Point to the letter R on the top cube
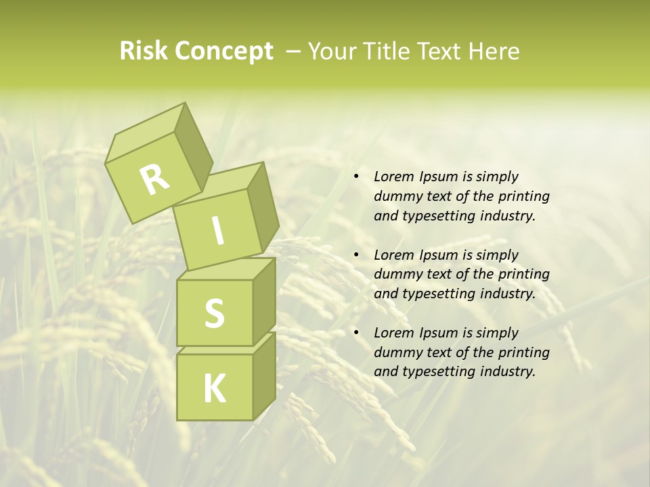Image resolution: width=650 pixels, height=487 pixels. (154, 180)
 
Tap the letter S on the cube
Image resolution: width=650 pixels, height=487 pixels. (214, 313)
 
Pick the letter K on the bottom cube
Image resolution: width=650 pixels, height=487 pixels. (214, 389)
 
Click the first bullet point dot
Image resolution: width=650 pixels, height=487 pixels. (356, 177)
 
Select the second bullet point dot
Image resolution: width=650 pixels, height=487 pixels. (356, 256)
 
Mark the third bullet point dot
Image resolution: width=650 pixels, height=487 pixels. (356, 333)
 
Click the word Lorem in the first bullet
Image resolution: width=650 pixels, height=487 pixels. (393, 177)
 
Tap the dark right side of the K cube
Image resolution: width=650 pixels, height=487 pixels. (264, 375)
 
